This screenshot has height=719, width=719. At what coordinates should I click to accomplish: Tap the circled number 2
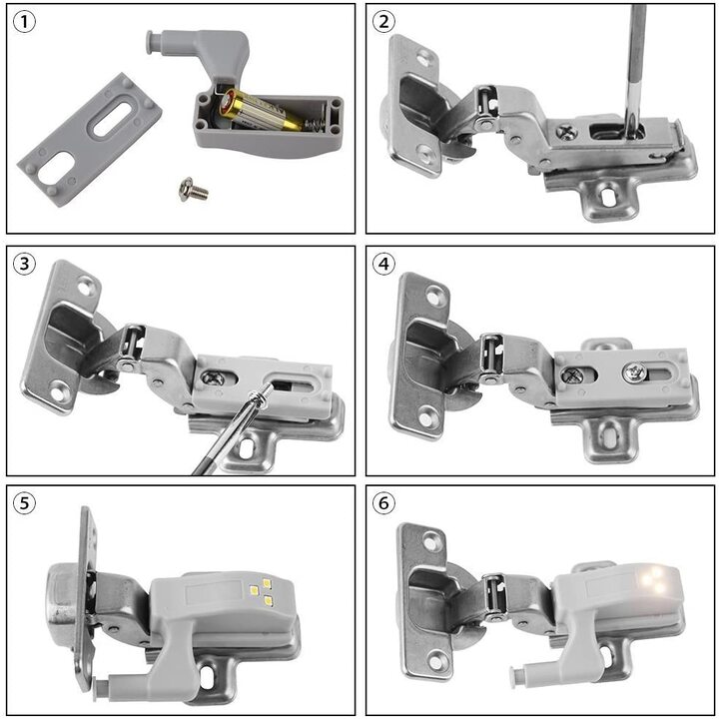click(383, 22)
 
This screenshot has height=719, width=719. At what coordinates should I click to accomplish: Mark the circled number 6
click(383, 503)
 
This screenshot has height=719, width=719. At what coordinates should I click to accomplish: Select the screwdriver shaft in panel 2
click(634, 60)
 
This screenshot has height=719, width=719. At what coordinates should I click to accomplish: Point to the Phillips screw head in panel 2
click(565, 130)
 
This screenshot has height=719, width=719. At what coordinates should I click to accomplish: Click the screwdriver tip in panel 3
click(269, 391)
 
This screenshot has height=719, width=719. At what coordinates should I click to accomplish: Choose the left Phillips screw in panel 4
click(571, 376)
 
